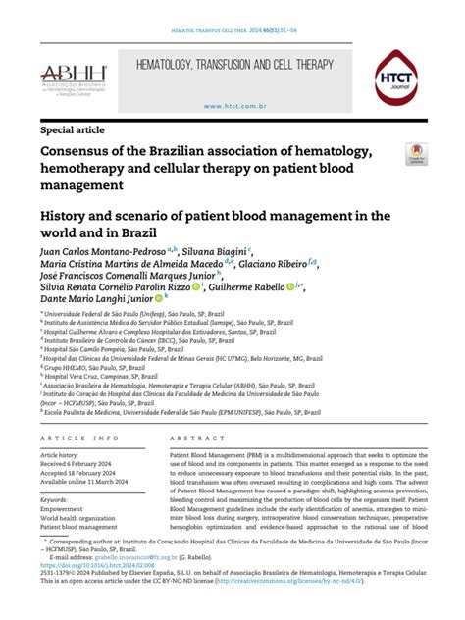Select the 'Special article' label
pyautogui.click(x=75, y=129)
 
